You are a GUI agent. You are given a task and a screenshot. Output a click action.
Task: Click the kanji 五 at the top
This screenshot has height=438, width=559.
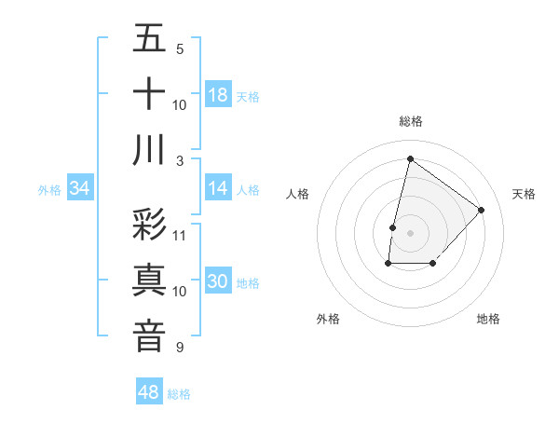tap(149, 38)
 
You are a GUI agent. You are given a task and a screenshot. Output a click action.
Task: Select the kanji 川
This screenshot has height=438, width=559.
tap(149, 149)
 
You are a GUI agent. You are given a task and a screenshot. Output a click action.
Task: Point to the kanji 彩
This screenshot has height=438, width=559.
tap(149, 225)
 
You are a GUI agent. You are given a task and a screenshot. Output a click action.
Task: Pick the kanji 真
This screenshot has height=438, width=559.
tap(149, 281)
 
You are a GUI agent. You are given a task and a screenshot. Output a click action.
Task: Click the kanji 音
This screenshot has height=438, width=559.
tap(149, 336)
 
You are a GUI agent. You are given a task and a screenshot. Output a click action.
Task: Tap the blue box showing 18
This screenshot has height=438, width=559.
tap(218, 94)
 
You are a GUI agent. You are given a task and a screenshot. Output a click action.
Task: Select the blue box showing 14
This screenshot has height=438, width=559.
tap(218, 188)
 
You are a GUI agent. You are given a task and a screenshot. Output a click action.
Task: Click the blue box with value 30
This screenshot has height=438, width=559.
tap(218, 282)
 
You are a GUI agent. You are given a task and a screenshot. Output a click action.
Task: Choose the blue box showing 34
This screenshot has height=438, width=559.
tap(80, 188)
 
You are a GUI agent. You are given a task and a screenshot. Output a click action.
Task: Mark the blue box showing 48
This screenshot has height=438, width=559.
tap(149, 392)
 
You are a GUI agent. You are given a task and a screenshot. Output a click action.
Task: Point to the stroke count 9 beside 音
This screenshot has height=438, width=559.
tap(179, 348)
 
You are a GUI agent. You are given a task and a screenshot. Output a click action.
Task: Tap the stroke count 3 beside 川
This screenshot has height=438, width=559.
tap(179, 160)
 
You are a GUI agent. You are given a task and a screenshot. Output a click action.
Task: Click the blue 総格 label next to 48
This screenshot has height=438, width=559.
tap(179, 394)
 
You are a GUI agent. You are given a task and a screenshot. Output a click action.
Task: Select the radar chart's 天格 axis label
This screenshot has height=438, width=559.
tap(524, 194)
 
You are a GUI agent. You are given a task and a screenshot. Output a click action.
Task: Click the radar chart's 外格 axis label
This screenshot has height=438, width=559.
tap(328, 319)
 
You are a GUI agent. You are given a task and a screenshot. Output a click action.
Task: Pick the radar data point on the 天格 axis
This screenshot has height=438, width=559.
tap(481, 210)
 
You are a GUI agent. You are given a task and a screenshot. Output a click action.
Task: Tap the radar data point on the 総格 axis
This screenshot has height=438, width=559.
tap(410, 158)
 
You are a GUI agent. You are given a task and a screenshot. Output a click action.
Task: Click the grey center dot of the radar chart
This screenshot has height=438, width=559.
tap(410, 232)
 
